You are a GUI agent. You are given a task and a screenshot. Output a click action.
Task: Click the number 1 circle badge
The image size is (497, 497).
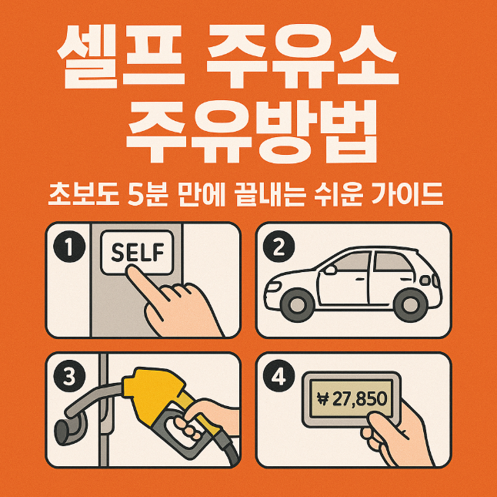click(69, 247)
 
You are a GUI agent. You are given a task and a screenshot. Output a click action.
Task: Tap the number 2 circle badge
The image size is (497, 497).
click(279, 247)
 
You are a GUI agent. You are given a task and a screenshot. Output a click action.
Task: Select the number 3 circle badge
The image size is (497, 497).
click(69, 376)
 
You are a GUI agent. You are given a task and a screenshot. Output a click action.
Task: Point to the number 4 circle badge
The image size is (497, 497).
click(279, 376)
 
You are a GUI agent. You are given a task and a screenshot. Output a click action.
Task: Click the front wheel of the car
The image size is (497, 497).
click(298, 305)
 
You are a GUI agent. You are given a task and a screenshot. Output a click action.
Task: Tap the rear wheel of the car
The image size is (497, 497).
click(410, 305)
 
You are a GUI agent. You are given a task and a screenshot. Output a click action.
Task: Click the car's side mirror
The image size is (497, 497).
click(329, 270)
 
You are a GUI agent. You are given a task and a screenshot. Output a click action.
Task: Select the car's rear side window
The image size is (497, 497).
click(392, 262)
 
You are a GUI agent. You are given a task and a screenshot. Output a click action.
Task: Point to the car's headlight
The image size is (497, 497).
click(273, 287)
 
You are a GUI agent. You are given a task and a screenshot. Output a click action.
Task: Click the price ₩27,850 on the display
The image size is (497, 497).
click(352, 399)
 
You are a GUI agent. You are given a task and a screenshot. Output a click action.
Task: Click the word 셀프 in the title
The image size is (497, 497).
click(121, 56)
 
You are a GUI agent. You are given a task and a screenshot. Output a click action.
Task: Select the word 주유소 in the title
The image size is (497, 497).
click(302, 56)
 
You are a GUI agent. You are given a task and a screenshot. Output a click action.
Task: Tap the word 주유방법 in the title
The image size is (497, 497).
click(252, 131)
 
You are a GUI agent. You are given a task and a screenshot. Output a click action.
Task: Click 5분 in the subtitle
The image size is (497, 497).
click(148, 194)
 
